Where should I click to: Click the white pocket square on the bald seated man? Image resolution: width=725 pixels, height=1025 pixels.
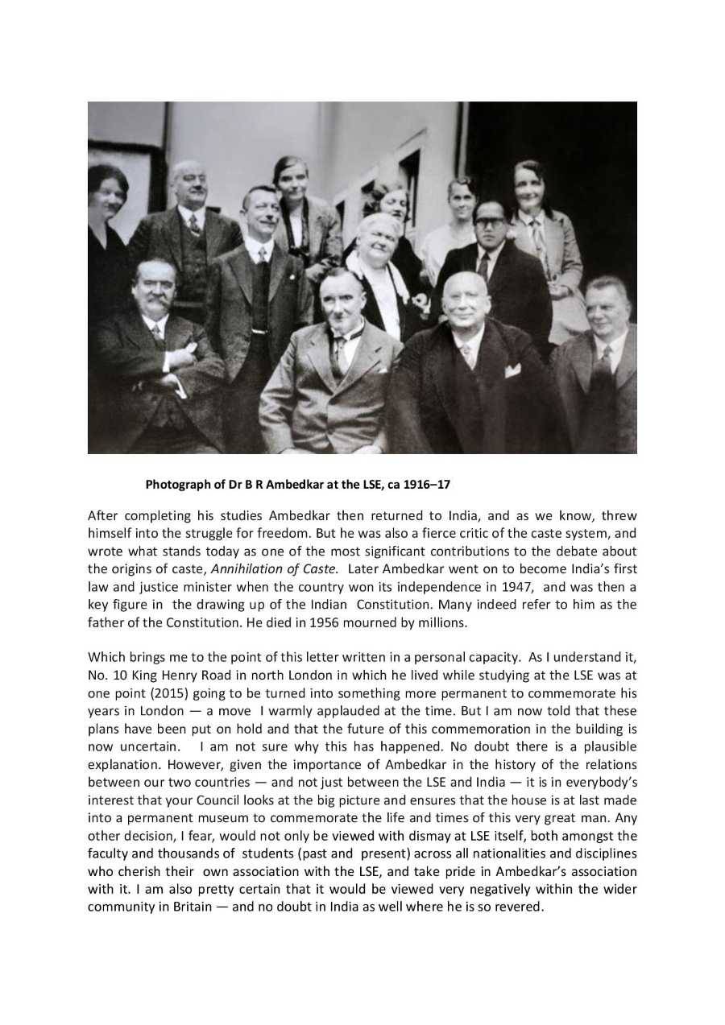click(x=512, y=370)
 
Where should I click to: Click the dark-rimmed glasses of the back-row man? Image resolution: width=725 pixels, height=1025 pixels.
click(x=491, y=221)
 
